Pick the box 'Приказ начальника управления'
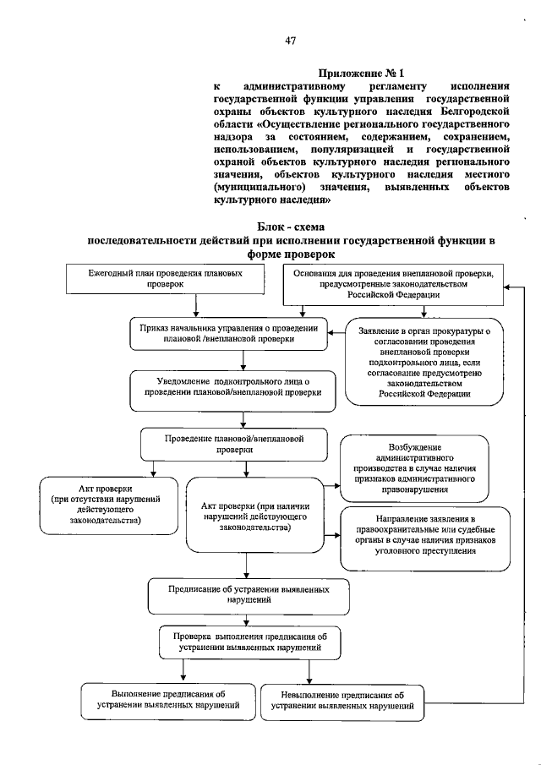227,333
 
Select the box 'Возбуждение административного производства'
413,467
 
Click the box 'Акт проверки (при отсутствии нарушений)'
108,505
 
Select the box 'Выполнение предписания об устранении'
165,699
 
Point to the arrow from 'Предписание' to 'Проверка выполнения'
244,620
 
